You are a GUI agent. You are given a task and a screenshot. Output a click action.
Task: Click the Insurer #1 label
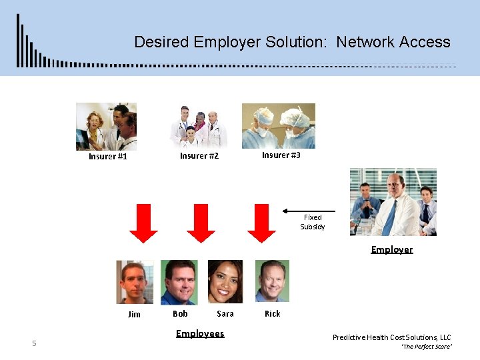tap(107, 157)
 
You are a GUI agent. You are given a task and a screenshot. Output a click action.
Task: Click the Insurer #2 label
tap(199, 156)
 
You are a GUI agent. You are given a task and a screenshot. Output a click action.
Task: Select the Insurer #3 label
tap(281, 155)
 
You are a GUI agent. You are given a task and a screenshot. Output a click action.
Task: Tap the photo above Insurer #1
tap(106, 126)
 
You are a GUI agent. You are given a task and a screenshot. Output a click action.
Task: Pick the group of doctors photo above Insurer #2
tap(198, 126)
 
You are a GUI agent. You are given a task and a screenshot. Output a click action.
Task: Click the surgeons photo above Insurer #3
tap(278, 125)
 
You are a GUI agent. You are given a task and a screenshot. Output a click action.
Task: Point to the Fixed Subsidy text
tap(312, 222)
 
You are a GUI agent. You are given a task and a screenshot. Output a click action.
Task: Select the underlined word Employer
tap(391, 249)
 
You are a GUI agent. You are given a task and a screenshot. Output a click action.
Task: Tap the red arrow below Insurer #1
tap(143, 223)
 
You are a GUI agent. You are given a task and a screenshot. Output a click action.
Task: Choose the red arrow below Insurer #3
tap(261, 223)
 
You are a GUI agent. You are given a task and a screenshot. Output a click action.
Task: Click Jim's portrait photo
tap(135, 282)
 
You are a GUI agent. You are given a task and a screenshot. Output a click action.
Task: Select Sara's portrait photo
tap(225, 281)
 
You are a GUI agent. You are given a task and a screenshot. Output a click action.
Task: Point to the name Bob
tap(180, 313)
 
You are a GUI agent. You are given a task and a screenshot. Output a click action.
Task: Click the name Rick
tap(272, 313)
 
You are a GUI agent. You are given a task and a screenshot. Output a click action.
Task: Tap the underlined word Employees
tap(200, 333)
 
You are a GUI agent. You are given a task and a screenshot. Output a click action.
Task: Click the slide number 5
tap(34, 343)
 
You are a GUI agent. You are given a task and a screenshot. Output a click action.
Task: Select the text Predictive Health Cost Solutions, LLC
tap(391, 337)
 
